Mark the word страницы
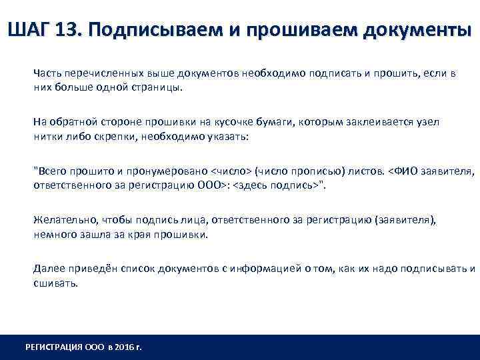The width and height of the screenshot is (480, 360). (156, 87)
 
